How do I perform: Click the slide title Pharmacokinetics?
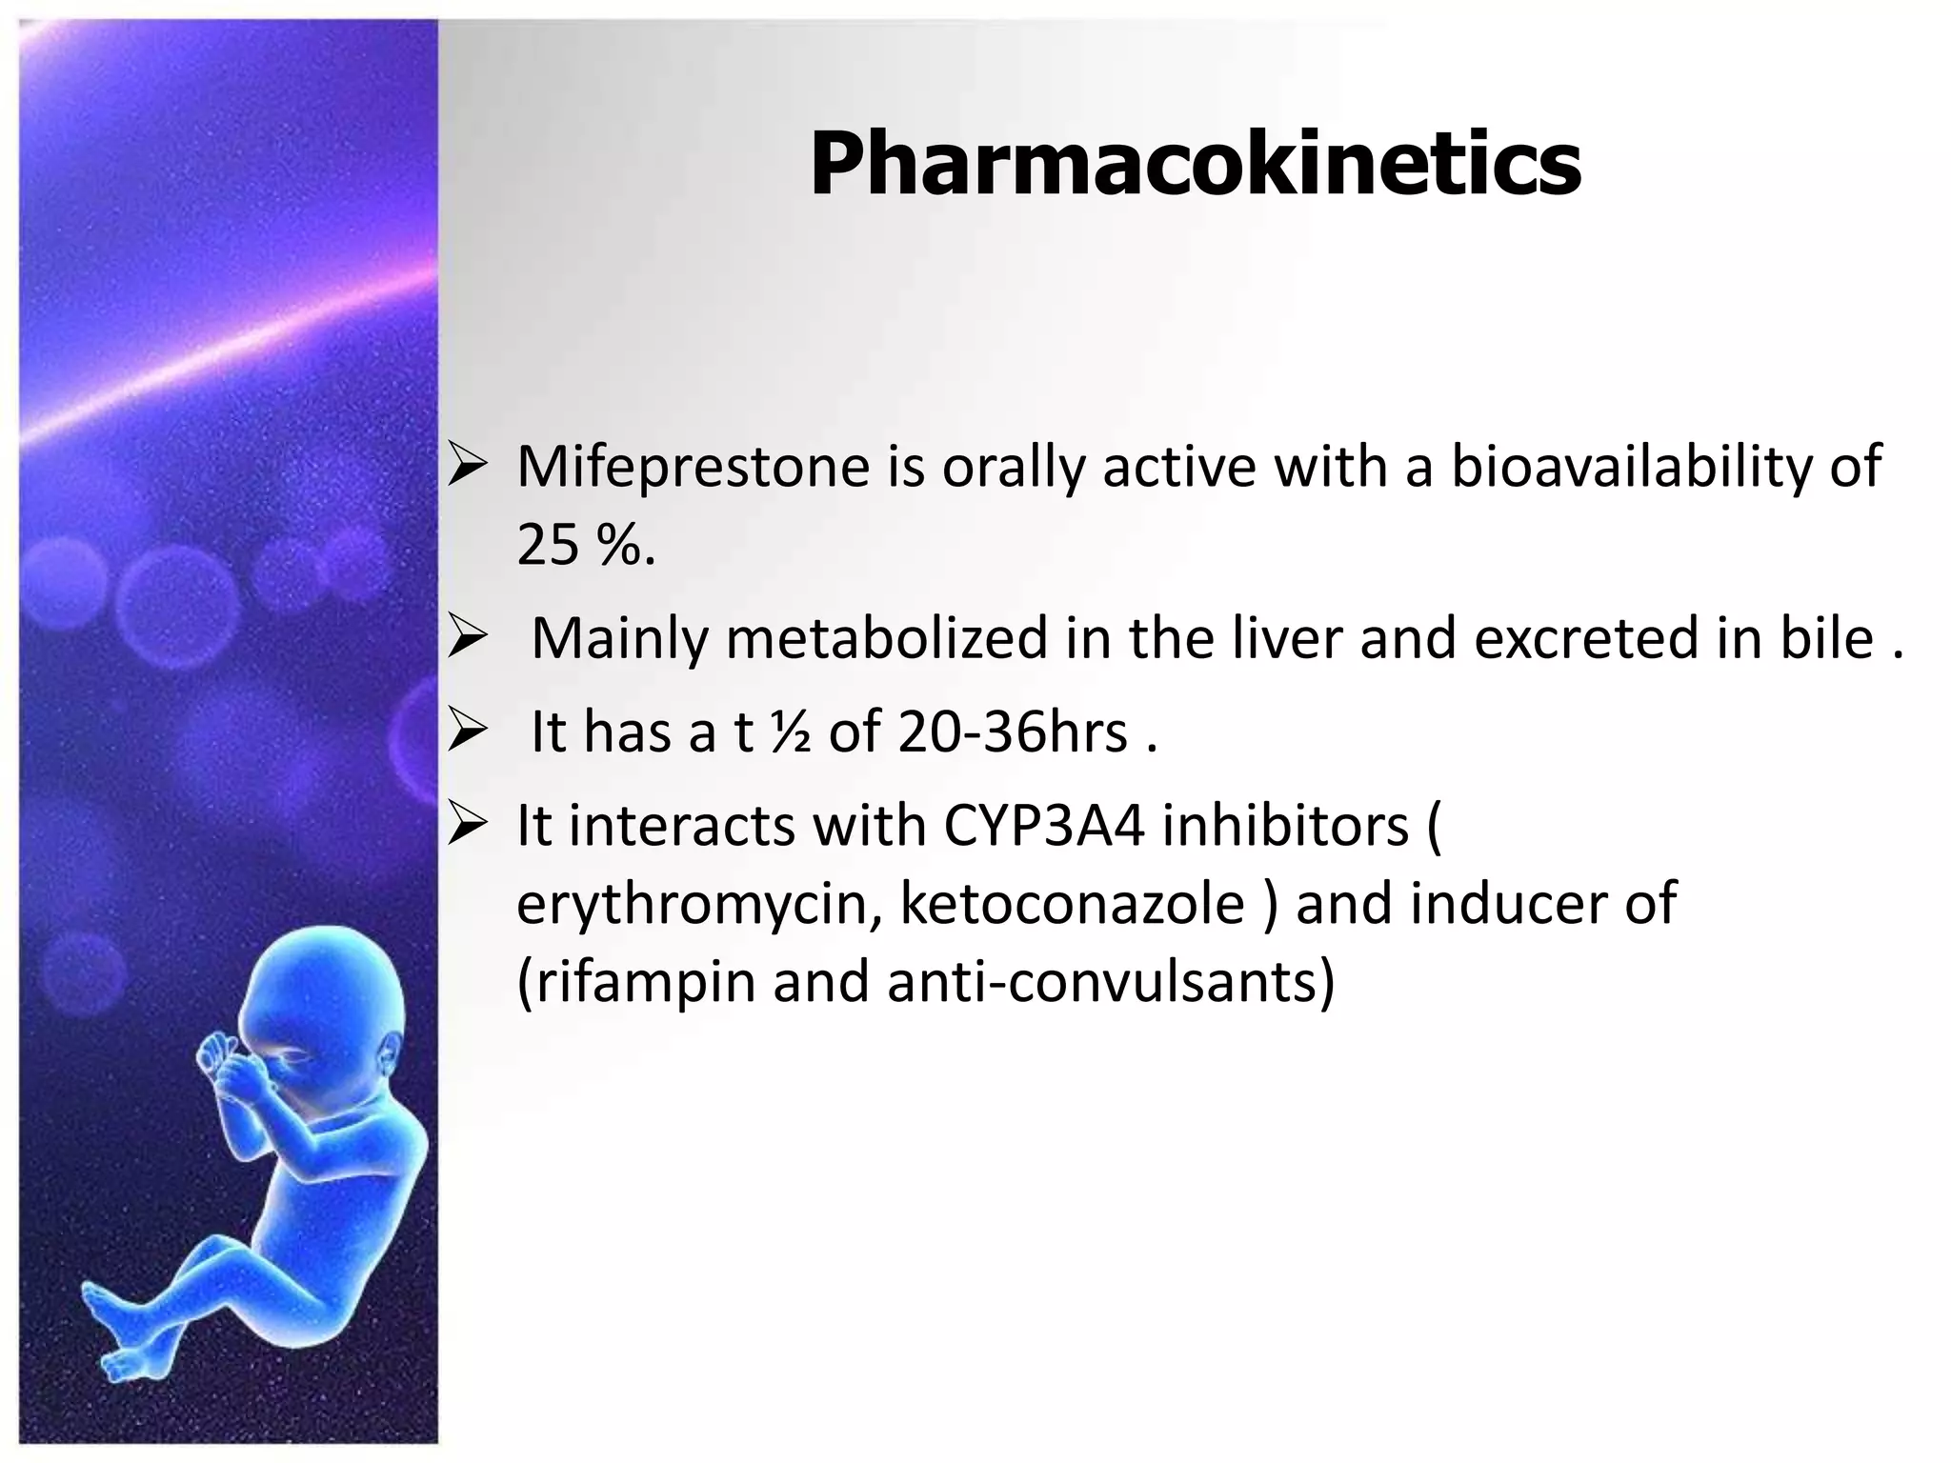pyautogui.click(x=1195, y=164)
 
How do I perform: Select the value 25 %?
pyautogui.click(x=585, y=545)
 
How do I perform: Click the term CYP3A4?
pyautogui.click(x=1044, y=825)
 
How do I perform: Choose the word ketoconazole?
pyautogui.click(x=1072, y=904)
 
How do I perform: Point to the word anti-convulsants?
pyautogui.click(x=1111, y=982)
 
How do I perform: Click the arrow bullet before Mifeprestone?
pyautogui.click(x=468, y=467)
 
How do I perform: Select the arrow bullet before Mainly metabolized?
pyautogui.click(x=468, y=637)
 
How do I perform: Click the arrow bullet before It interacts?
pyautogui.click(x=468, y=825)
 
